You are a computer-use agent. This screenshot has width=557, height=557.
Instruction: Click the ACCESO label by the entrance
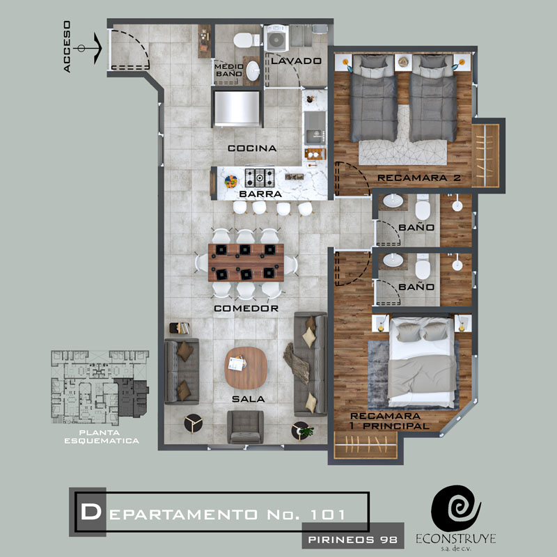[67, 47]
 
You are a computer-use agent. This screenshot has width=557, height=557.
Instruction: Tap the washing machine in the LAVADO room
[276, 38]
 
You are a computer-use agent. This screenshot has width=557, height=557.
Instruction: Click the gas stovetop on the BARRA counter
[260, 178]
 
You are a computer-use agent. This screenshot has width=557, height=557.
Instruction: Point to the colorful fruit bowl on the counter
[231, 182]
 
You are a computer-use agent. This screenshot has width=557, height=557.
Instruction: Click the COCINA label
[252, 148]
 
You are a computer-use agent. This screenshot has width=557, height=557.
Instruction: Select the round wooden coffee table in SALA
[246, 368]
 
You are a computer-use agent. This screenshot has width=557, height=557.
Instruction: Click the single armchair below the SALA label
[245, 427]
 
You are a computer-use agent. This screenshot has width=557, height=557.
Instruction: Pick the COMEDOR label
[246, 308]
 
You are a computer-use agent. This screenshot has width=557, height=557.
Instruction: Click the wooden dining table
[246, 262]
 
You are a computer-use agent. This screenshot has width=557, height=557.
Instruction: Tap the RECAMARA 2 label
[419, 178]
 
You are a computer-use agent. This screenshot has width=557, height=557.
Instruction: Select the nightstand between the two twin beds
[403, 63]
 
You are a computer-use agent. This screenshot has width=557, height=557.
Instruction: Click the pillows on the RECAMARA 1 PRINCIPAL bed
[422, 332]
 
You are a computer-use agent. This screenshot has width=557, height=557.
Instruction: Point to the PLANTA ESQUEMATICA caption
[102, 437]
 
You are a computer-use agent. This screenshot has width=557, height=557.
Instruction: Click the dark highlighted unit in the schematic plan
[132, 397]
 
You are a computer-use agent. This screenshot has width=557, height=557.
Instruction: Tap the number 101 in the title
[327, 515]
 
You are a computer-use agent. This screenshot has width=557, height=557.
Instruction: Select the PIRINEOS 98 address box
[353, 540]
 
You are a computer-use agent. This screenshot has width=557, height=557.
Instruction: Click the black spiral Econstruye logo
[456, 508]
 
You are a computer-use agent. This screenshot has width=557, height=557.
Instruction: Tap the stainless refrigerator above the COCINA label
[237, 109]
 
